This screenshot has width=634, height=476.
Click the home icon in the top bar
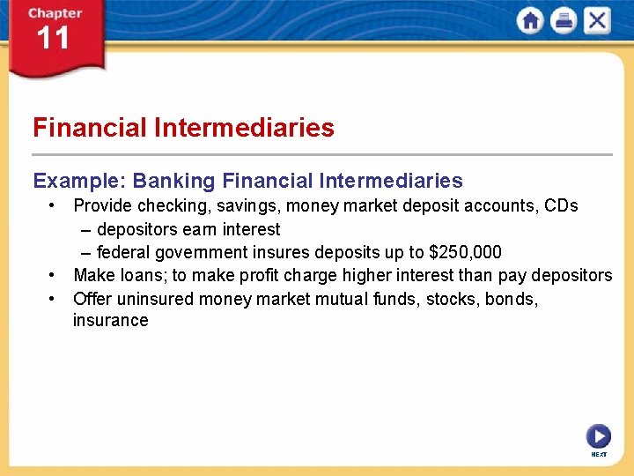(530, 20)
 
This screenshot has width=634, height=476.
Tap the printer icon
(564, 20)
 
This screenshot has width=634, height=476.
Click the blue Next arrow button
(598, 435)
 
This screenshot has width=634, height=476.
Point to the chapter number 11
(52, 38)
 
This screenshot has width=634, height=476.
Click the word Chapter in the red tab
(54, 13)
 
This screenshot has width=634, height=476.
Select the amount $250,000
(465, 253)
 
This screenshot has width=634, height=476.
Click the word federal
(123, 253)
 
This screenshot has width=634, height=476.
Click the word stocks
(449, 299)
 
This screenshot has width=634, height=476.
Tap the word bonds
(508, 299)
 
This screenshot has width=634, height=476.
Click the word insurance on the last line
(110, 321)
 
